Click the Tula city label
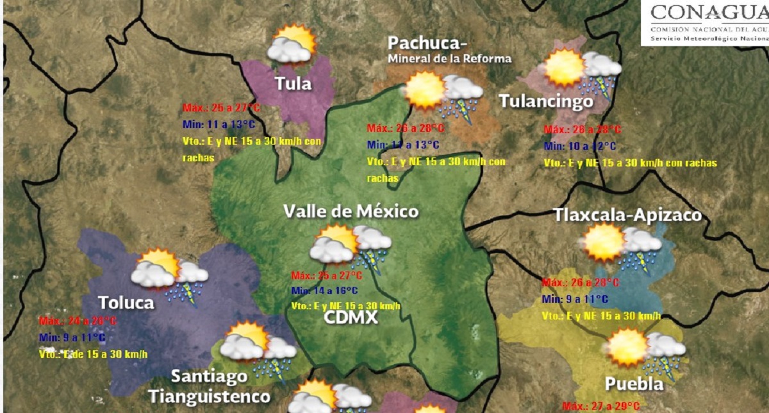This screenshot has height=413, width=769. pos(293,83)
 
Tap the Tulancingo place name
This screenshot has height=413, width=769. pos(546,102)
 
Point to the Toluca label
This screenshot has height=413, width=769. pos(126,302)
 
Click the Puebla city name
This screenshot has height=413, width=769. pos(634,384)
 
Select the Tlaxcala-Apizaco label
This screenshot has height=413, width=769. pos(627,216)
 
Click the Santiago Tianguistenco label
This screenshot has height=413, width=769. pos(210,386)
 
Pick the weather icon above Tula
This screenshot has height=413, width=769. pos(292,45)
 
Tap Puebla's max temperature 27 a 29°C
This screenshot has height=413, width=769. pos(600,406)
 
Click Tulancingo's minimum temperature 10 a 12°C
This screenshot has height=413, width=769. pos(580,146)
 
